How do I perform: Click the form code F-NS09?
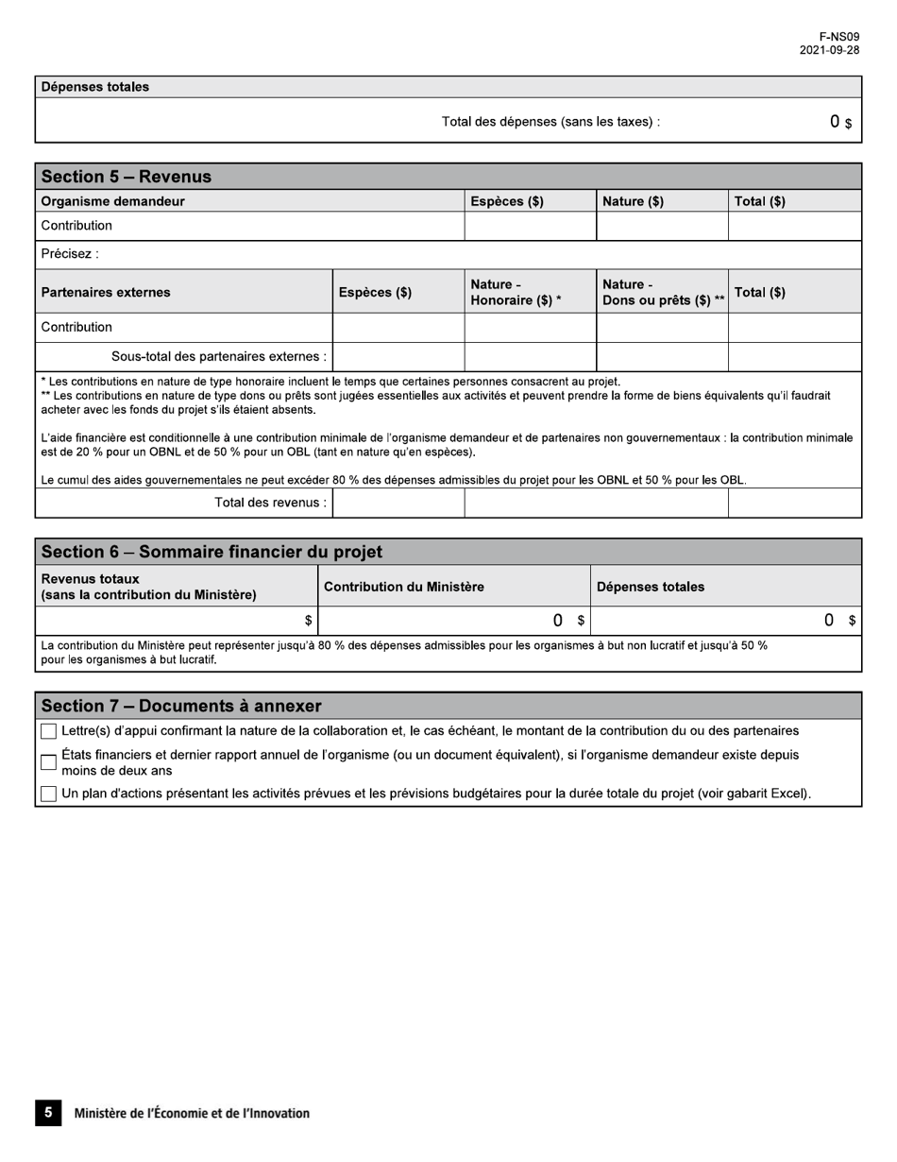pos(838,37)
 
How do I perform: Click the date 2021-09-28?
pos(829,51)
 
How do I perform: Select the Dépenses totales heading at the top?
pos(94,87)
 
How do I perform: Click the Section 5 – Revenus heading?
pos(127,177)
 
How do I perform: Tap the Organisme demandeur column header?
pos(112,201)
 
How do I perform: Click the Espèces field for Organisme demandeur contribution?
pos(530,226)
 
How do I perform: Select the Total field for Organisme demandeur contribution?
pos(794,226)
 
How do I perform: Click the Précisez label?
pos(69,254)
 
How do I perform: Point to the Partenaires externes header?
pos(106,292)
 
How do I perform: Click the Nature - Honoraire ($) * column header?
pos(516,292)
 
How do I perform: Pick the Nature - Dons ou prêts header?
pos(663,292)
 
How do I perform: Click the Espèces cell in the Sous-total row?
pos(398,356)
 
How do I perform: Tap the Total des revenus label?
pos(270,503)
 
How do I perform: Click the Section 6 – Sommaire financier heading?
pos(212,552)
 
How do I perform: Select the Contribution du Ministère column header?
pos(404,587)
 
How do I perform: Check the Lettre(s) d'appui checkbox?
pos(48,731)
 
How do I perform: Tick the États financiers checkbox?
pos(48,762)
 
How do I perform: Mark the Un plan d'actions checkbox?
pos(48,795)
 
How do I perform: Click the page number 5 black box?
pos(48,1113)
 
